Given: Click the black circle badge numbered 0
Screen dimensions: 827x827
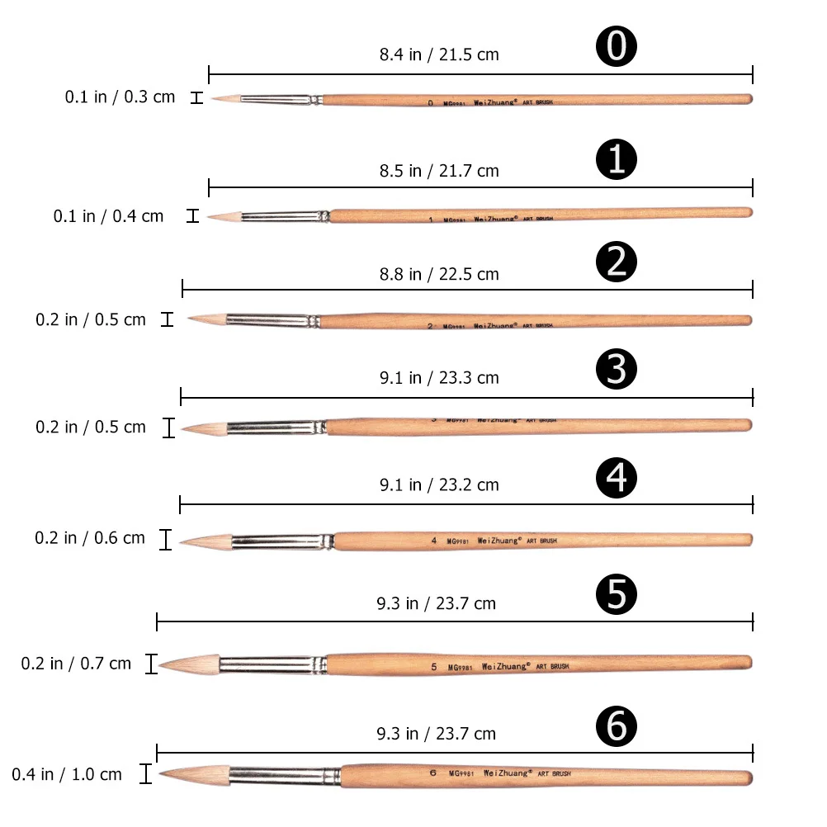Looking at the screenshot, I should coord(617,48).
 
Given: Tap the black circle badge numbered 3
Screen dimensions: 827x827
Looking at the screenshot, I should coord(617,370).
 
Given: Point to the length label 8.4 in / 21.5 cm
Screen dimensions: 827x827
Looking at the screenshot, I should coord(439,55).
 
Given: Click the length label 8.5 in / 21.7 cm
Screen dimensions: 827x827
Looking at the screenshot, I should coord(439,171).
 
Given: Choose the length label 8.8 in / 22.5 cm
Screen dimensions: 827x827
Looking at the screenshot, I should coord(439,274).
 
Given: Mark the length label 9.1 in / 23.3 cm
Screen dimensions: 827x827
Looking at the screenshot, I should coord(439,378).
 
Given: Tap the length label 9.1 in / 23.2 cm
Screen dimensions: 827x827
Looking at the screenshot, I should coord(439,484).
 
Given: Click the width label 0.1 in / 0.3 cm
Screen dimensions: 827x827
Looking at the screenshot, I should coord(121,97).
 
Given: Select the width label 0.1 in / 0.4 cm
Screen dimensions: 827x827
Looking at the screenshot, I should coord(109,216).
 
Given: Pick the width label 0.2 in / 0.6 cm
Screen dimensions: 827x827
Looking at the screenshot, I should coord(90,538).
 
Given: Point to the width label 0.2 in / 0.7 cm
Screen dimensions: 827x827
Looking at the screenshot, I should coord(76,663).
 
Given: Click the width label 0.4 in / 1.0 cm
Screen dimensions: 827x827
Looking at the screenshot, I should coord(67,774).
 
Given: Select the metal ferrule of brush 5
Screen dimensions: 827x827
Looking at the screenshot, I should coord(272,663).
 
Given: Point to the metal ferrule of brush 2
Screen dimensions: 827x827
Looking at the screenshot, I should coord(272,320).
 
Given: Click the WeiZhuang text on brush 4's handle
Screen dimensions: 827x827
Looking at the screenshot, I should coord(499,541).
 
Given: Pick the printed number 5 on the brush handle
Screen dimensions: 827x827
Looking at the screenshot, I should coord(434,665).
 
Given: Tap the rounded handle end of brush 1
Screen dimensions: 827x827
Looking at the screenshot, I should coord(748,212).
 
